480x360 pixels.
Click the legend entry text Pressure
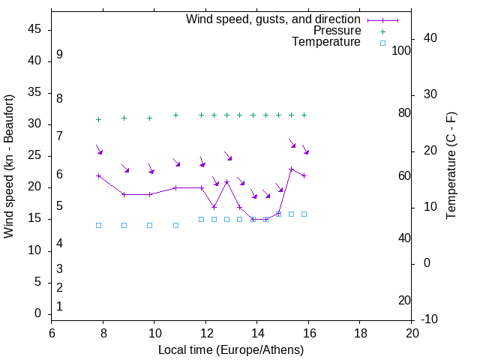[x=337, y=31]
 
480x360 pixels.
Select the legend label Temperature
[x=326, y=42]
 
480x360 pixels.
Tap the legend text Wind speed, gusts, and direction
[x=273, y=19]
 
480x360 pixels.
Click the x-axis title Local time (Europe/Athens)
[x=231, y=349]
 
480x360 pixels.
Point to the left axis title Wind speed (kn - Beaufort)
[x=9, y=166]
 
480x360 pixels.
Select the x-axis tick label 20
[x=412, y=332]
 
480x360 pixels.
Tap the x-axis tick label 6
[x=52, y=332]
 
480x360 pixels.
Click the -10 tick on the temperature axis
[x=430, y=319]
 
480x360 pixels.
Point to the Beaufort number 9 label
[x=59, y=55]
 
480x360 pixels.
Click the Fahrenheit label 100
[x=402, y=50]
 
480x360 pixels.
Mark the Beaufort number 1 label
[x=59, y=306]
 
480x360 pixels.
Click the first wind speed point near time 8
[x=98, y=175]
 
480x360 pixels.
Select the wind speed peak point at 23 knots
[x=291, y=169]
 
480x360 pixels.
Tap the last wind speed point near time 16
[x=304, y=175]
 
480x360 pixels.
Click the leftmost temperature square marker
[x=98, y=225]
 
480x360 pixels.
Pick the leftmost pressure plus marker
[x=98, y=119]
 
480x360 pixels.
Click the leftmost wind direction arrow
[x=99, y=150]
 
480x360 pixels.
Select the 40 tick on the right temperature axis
[x=430, y=38]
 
